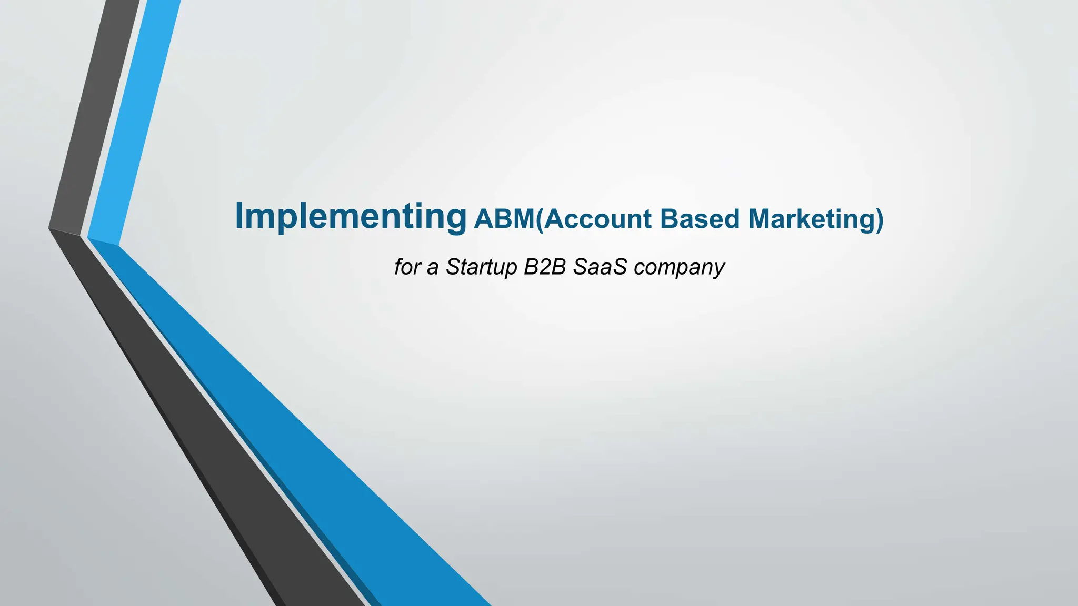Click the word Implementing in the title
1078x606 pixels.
(x=351, y=217)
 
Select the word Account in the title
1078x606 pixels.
(x=597, y=219)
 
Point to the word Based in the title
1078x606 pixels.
(x=700, y=219)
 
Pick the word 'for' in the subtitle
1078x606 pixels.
(x=407, y=267)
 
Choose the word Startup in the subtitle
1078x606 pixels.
(x=481, y=267)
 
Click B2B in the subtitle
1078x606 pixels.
(x=544, y=267)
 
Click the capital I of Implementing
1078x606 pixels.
(x=239, y=215)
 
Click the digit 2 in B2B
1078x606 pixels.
(x=544, y=267)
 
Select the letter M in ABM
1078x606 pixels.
(x=522, y=219)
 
